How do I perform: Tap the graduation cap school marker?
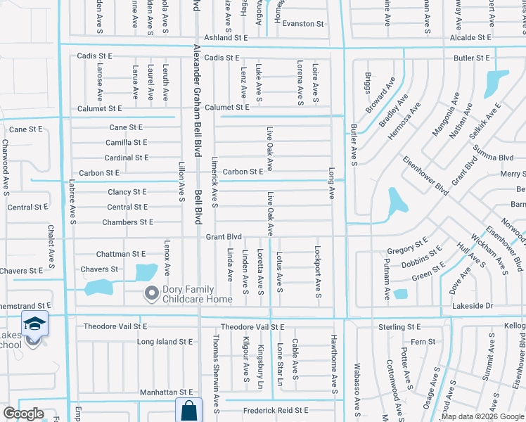pyautogui.click(x=34, y=324)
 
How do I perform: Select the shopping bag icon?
pyautogui.click(x=188, y=410)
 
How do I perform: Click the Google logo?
pyautogui.click(x=23, y=414)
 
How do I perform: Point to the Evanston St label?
pyautogui.click(x=303, y=23)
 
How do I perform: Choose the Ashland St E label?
pyautogui.click(x=226, y=37)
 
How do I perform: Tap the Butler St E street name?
pyautogui.click(x=472, y=58)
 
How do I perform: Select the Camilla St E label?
pyautogui.click(x=126, y=142)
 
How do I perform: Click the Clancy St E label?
pyautogui.click(x=127, y=191)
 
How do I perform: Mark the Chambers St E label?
pyautogui.click(x=127, y=222)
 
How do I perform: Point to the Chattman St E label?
pyautogui.click(x=120, y=253)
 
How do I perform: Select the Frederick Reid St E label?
pyautogui.click(x=276, y=410)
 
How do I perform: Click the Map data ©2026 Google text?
pyautogui.click(x=482, y=416)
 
